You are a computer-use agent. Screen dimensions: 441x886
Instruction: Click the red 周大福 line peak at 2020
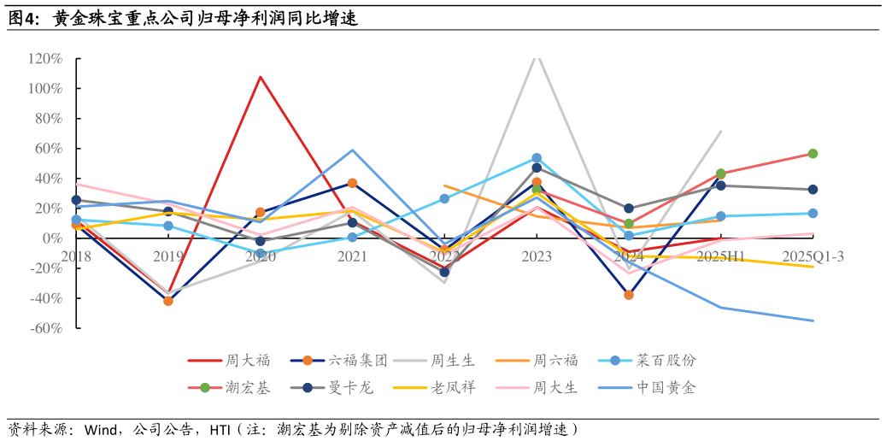pos(260,77)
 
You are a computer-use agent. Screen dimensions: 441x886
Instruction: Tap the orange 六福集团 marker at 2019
pos(168,301)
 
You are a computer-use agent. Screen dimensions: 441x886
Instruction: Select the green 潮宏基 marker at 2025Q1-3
pos(813,154)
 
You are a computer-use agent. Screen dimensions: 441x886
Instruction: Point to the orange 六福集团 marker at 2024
pos(629,295)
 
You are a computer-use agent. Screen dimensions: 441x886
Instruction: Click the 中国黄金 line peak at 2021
pos(352,150)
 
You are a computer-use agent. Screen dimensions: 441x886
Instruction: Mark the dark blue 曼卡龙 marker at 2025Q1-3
pos(813,190)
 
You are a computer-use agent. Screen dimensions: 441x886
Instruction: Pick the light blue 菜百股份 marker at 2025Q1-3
pos(813,214)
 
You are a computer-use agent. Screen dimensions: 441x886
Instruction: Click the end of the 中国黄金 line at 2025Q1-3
pos(813,320)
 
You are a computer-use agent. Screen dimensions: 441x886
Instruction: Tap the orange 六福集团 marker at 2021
pos(352,183)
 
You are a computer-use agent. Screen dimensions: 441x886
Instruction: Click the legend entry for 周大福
pos(229,360)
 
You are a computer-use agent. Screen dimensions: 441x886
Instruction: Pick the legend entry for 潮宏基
pos(229,388)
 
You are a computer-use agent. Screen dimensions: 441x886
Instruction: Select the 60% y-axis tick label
pos(48,149)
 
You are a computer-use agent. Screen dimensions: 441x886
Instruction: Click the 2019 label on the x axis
pos(168,256)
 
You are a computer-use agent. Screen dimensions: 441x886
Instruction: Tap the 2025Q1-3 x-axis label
pos(813,256)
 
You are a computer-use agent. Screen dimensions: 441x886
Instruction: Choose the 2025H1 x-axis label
pos(720,256)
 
